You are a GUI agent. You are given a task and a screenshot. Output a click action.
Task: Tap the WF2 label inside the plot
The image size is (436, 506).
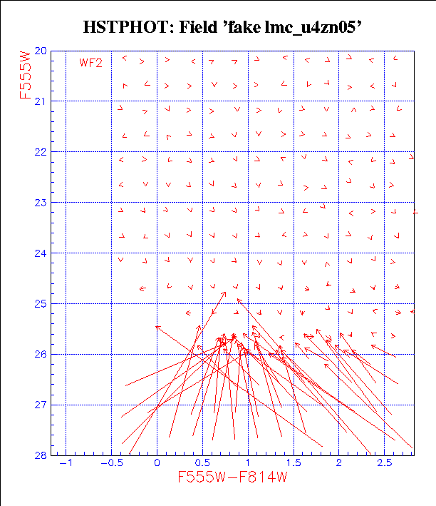[90, 63]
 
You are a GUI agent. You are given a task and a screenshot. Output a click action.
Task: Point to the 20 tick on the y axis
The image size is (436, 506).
[42, 51]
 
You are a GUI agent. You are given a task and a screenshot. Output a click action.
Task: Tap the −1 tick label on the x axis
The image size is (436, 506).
[66, 463]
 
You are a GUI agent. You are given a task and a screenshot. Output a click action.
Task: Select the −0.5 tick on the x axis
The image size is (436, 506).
[110, 463]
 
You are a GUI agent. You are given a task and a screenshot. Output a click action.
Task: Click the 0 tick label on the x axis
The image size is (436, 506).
[157, 463]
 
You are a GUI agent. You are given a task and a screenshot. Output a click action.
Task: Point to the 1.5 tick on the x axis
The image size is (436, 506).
[294, 463]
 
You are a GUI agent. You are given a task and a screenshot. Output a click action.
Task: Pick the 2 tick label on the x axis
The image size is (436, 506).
[339, 463]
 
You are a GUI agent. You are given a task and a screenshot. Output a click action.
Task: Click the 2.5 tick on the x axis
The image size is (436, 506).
[385, 463]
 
